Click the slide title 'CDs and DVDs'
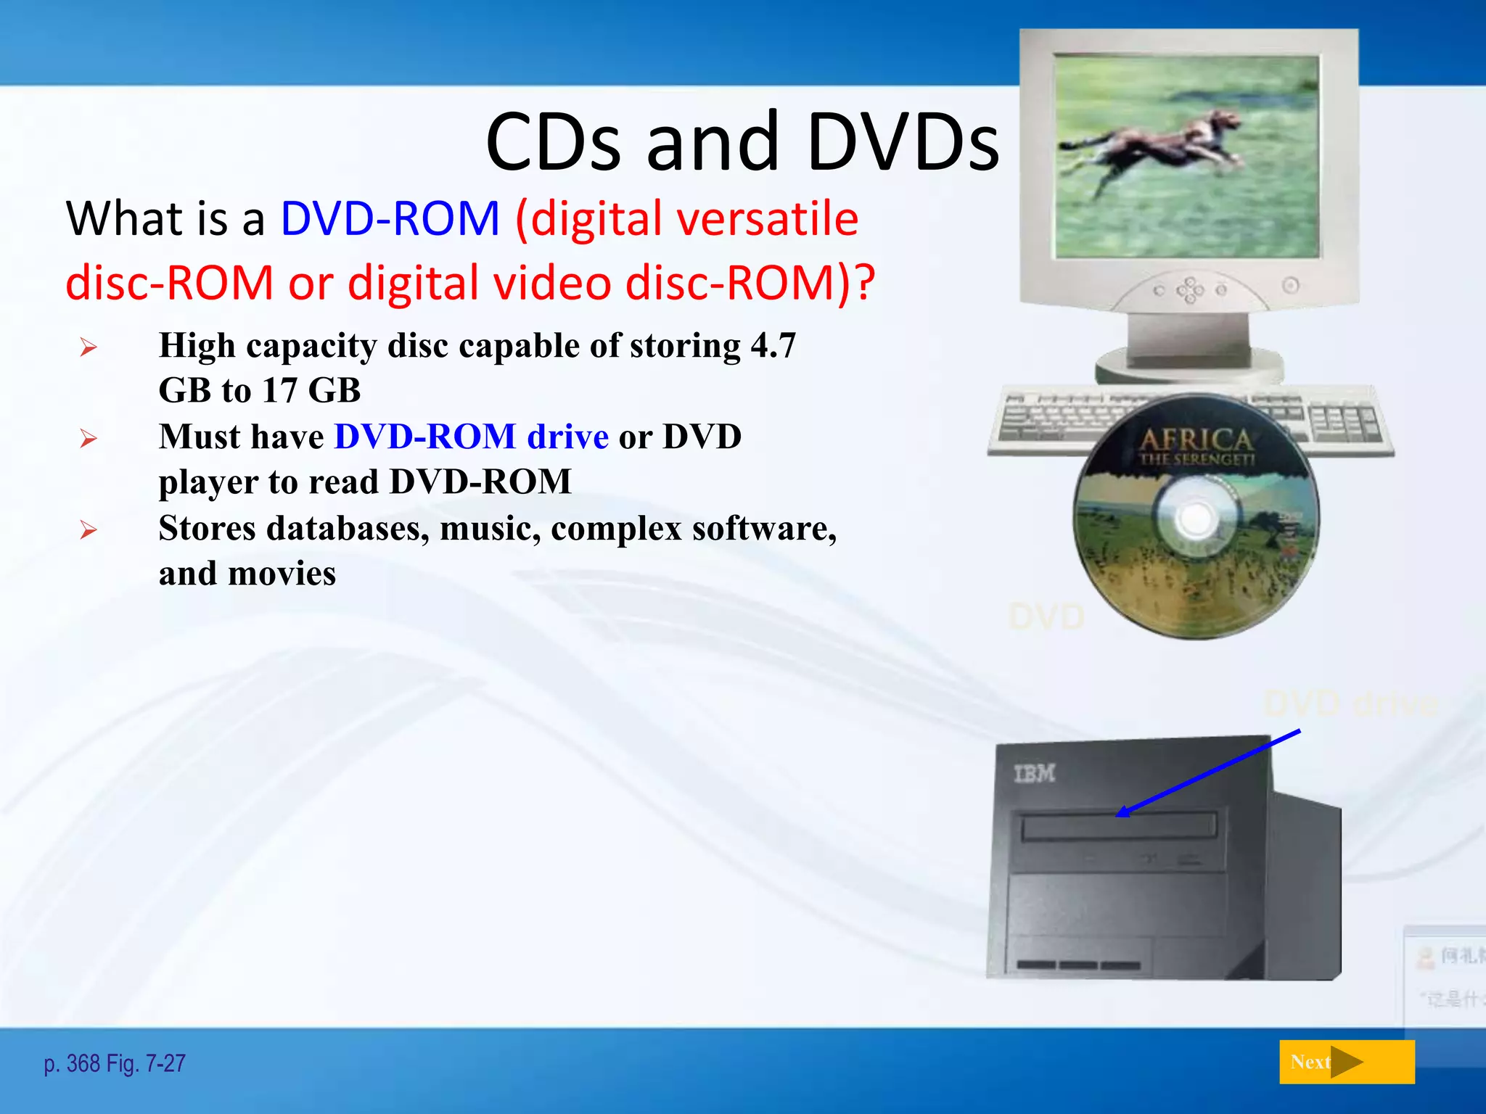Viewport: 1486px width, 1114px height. point(742,142)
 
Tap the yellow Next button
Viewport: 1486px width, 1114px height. point(1346,1062)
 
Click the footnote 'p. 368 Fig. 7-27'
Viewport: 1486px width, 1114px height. point(115,1063)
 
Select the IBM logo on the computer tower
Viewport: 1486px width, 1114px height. point(1034,774)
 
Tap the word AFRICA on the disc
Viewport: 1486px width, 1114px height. point(1196,439)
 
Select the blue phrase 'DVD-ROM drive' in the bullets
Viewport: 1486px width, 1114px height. point(471,437)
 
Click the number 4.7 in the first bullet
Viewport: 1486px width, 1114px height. point(773,345)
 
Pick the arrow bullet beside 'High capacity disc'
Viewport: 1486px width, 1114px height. point(89,347)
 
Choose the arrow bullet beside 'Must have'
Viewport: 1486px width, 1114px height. point(89,438)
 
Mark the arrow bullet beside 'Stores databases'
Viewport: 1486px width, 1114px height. point(89,529)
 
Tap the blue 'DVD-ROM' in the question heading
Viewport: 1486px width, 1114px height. point(390,218)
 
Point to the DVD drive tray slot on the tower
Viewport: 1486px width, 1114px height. point(1118,826)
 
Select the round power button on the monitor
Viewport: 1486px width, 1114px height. point(1290,285)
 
